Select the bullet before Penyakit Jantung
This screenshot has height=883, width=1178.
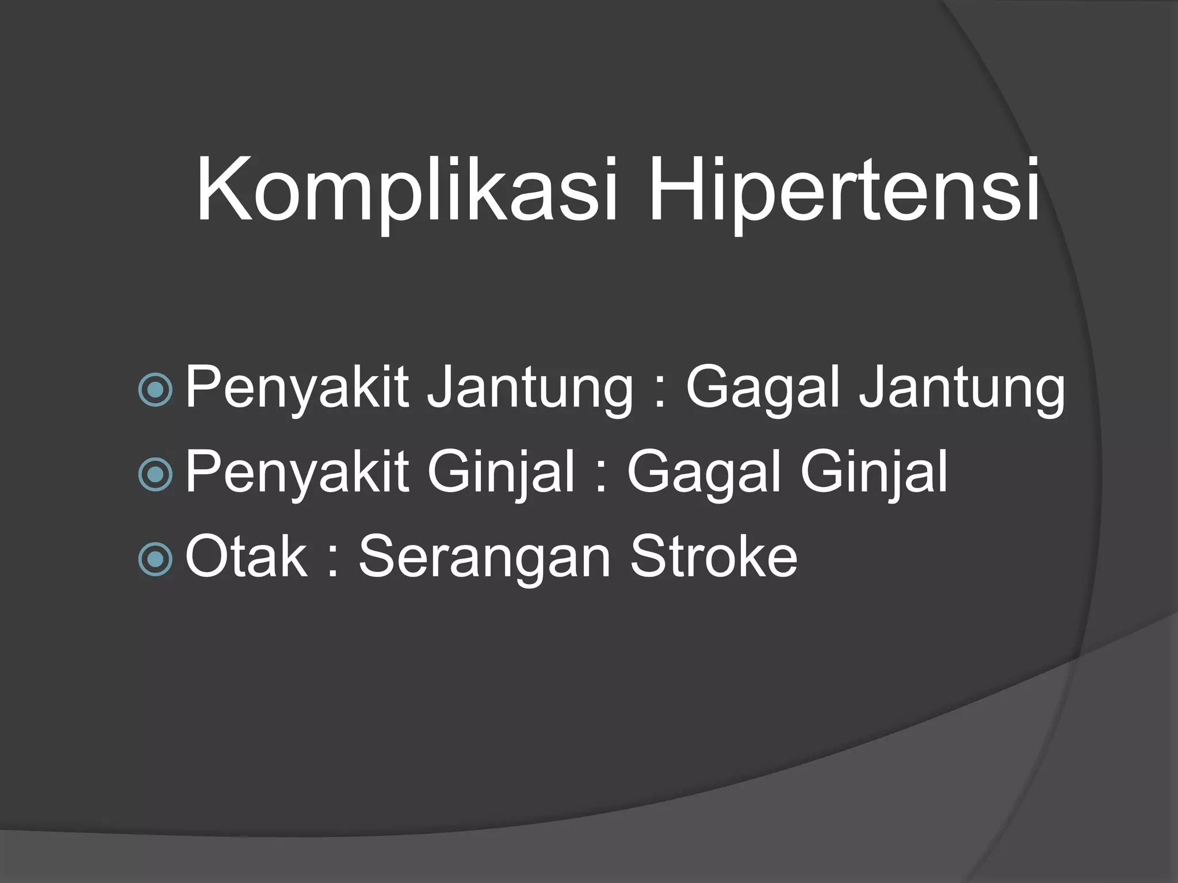point(156,390)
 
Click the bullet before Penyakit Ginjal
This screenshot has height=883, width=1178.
point(156,474)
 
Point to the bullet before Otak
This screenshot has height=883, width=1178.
point(156,558)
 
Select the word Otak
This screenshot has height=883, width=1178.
point(246,556)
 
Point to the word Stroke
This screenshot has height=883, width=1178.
point(714,556)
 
